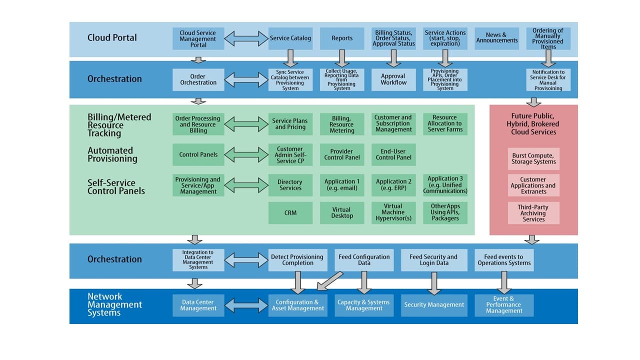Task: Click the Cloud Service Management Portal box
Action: click(198, 38)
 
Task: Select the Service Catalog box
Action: click(290, 38)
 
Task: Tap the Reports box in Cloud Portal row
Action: click(342, 38)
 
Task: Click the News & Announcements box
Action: click(496, 38)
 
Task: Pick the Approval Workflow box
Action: click(393, 79)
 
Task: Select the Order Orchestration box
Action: click(198, 79)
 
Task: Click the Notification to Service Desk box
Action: click(548, 79)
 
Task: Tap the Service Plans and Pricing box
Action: click(290, 124)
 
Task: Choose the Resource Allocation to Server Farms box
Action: click(445, 124)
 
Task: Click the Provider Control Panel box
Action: click(342, 154)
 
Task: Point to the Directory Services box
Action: click(290, 185)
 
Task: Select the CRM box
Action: click(290, 213)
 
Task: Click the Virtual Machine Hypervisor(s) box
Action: click(393, 213)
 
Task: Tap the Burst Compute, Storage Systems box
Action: click(533, 159)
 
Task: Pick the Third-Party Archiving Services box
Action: click(533, 213)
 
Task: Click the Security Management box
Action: click(434, 305)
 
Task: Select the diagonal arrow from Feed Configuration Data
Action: click(330, 281)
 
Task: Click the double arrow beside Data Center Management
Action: click(246, 305)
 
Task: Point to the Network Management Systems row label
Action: click(115, 305)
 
